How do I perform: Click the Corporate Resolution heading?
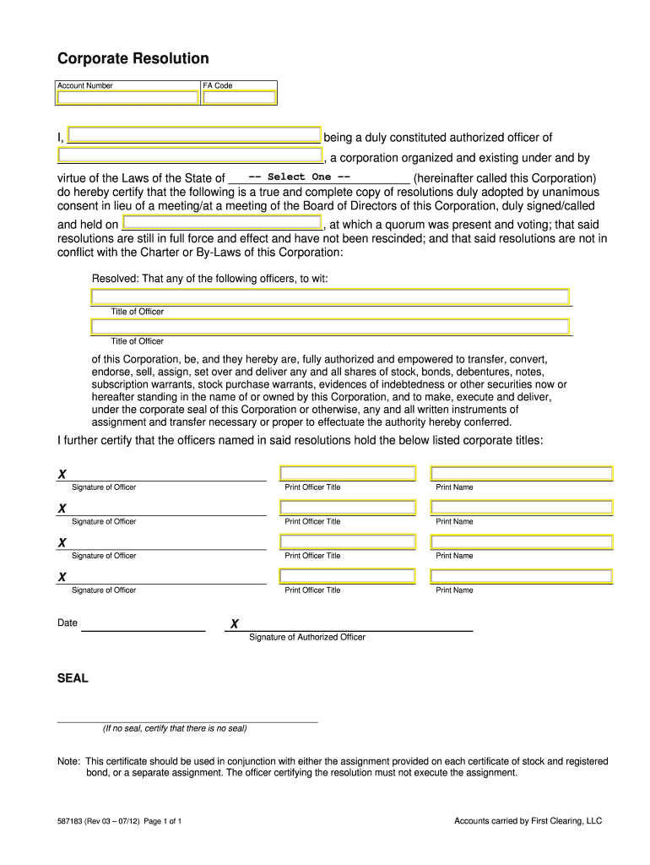pyautogui.click(x=133, y=58)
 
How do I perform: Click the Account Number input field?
pyautogui.click(x=127, y=98)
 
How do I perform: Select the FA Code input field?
pyautogui.click(x=239, y=98)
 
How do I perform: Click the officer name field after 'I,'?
pyautogui.click(x=193, y=135)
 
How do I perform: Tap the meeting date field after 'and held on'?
pyautogui.click(x=222, y=223)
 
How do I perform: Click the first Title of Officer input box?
pyautogui.click(x=330, y=296)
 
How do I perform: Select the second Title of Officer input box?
pyautogui.click(x=330, y=327)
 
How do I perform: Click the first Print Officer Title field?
pyautogui.click(x=348, y=473)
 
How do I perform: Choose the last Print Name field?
pyautogui.click(x=522, y=576)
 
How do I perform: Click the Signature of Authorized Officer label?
pyautogui.click(x=307, y=637)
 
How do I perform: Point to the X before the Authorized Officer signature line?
pyautogui.click(x=235, y=624)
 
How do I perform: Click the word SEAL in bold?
pyautogui.click(x=73, y=678)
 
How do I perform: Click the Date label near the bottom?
pyautogui.click(x=68, y=623)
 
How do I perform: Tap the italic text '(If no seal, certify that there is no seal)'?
pyautogui.click(x=175, y=728)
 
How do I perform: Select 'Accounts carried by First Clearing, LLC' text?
pyautogui.click(x=528, y=821)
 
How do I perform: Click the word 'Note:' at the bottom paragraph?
pyautogui.click(x=68, y=761)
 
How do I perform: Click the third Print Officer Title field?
pyautogui.click(x=348, y=541)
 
